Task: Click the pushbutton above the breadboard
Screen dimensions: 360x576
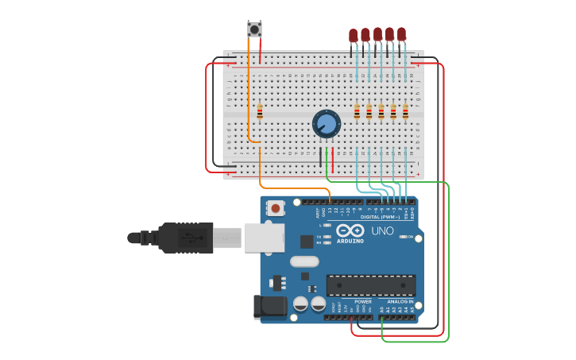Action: pos(254,29)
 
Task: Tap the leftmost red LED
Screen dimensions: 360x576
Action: pos(354,36)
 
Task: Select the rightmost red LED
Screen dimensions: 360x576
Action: pos(401,34)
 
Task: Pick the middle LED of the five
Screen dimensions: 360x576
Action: pos(377,34)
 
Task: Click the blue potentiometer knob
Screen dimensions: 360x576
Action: pos(326,124)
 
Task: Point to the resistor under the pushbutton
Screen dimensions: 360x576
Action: pos(260,111)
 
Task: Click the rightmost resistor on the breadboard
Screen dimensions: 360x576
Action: pos(405,112)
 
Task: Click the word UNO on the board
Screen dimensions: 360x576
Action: pos(383,230)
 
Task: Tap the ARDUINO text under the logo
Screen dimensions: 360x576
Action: pos(350,241)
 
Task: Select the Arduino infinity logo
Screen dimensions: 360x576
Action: pos(350,230)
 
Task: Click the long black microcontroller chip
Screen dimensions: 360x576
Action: pos(370,285)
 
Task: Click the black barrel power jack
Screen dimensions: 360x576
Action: pos(269,308)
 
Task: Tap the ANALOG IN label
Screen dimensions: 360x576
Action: pos(400,302)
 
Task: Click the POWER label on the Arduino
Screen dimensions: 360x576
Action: pos(362,302)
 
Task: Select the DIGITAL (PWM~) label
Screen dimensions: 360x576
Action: pos(381,216)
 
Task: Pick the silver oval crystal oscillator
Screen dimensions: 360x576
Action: pos(304,261)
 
